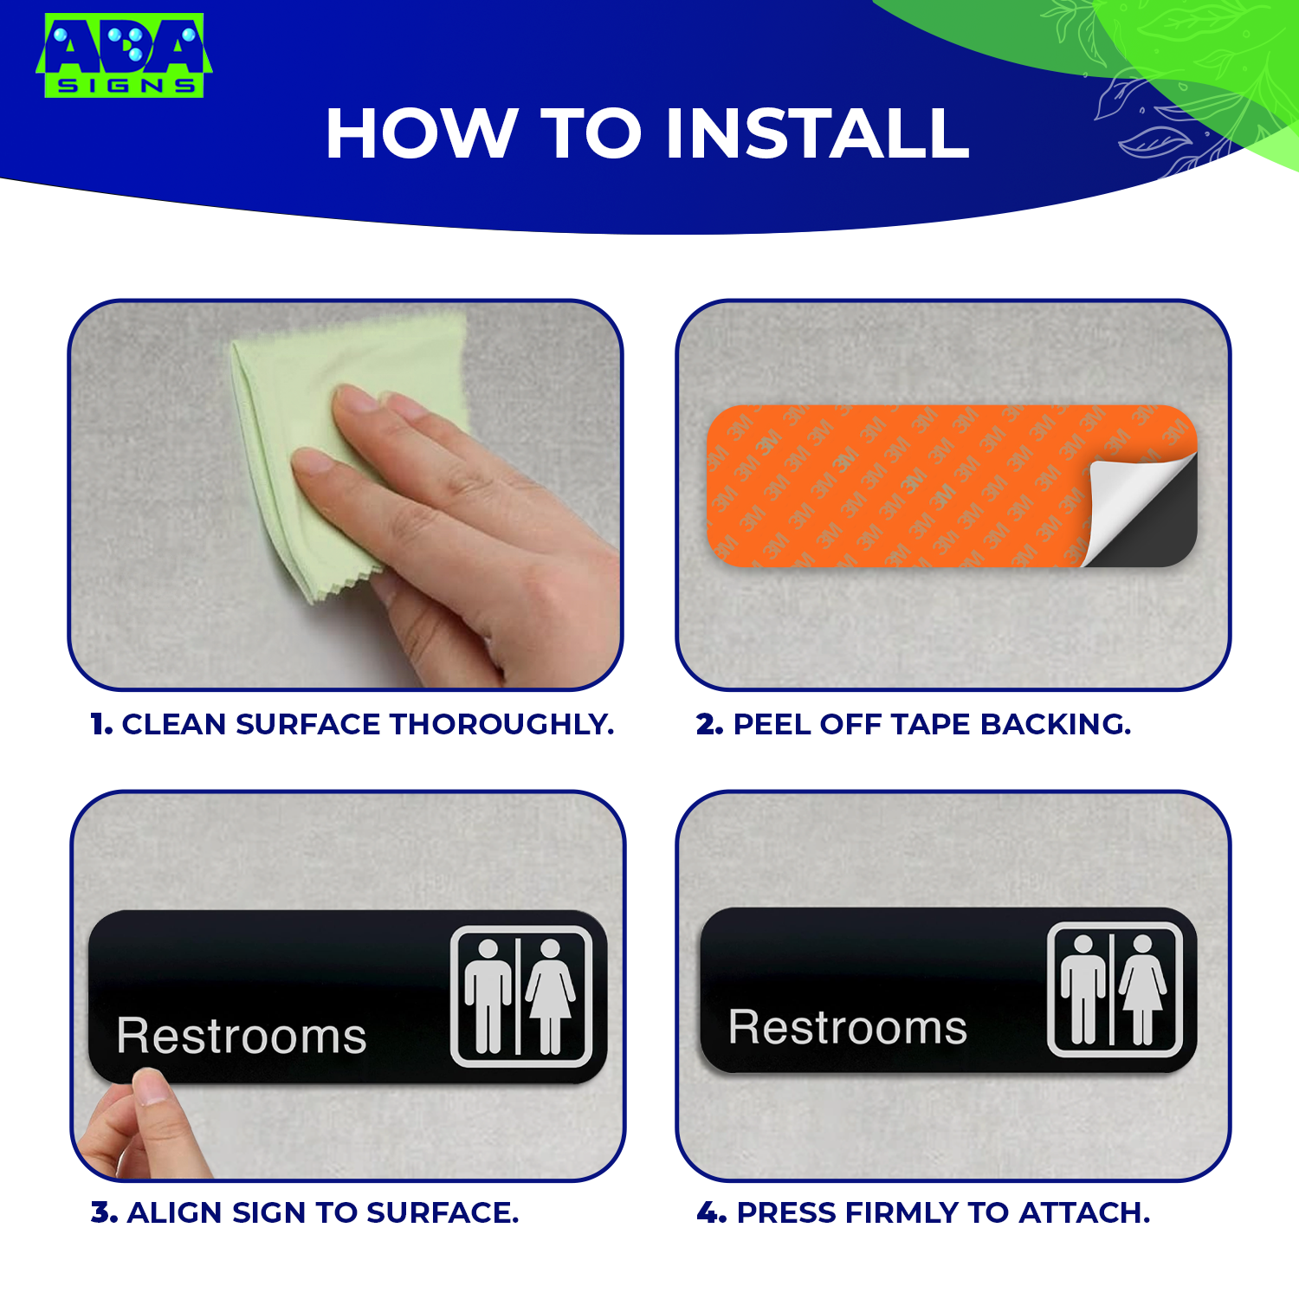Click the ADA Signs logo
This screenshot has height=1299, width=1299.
click(x=124, y=55)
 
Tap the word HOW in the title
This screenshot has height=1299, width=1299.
click(x=419, y=134)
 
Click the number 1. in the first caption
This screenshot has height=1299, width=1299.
click(x=101, y=724)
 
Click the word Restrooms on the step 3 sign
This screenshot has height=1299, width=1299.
click(x=242, y=1036)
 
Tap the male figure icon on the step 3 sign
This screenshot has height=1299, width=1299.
click(x=488, y=996)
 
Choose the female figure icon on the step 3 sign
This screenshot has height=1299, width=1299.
click(x=550, y=996)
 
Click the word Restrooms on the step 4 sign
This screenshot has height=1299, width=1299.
click(x=848, y=1028)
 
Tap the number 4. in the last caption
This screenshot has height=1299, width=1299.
click(x=711, y=1212)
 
